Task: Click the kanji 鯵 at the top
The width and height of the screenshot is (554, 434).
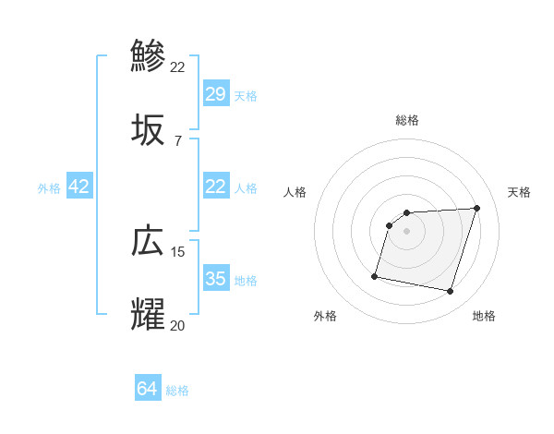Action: point(148,55)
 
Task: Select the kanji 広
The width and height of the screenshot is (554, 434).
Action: point(148,241)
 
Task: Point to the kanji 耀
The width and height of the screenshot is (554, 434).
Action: point(148,314)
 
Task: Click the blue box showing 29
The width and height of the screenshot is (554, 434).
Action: point(216,94)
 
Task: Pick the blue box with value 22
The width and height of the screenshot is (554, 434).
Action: point(216,187)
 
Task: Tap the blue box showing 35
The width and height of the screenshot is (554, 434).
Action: point(216,279)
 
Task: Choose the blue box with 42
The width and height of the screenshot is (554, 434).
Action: point(79,187)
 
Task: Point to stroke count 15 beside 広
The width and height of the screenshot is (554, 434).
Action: point(178,251)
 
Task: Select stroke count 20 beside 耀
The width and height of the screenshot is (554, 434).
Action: point(177,325)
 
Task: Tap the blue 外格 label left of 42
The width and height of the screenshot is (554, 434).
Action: point(49,188)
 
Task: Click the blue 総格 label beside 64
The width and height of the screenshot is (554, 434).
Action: point(177,391)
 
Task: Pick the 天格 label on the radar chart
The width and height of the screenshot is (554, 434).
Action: point(519,192)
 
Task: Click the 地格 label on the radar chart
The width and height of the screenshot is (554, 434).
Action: point(484,316)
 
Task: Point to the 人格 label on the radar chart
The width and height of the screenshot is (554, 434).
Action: point(295,192)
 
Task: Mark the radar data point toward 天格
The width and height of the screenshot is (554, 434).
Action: point(476,209)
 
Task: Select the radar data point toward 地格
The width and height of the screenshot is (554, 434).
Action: point(450,292)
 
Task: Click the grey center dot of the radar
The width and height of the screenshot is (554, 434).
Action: point(406,231)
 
